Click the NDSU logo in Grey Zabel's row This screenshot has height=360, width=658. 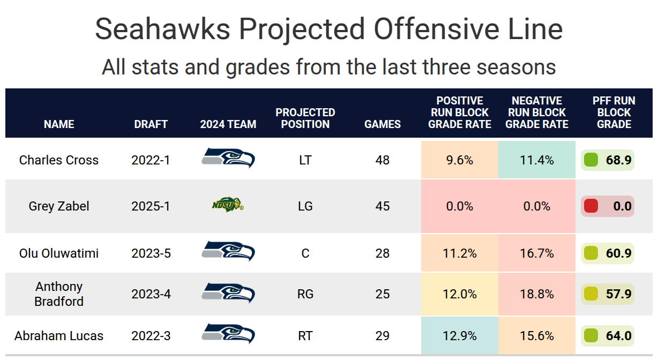coord(227,205)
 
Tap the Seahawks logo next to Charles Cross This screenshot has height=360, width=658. coord(228,159)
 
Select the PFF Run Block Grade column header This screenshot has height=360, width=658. coord(614,112)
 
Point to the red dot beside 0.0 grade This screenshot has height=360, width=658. coord(590,206)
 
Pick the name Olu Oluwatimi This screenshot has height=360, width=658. coord(59,253)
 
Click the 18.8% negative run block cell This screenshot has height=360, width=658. coord(537,294)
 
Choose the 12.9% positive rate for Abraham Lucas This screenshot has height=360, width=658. coord(460,336)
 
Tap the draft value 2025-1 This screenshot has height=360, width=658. coord(151,206)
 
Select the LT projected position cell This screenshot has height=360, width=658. coord(305,160)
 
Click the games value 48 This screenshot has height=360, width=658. coord(383,160)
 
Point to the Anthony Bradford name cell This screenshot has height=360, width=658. coord(59,294)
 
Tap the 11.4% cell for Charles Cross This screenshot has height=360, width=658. coord(537,160)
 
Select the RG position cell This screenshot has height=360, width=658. coord(305,294)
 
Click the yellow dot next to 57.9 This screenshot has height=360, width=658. coord(590,294)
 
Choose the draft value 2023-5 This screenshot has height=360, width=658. coord(151,253)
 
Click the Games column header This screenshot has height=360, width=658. coord(383,124)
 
